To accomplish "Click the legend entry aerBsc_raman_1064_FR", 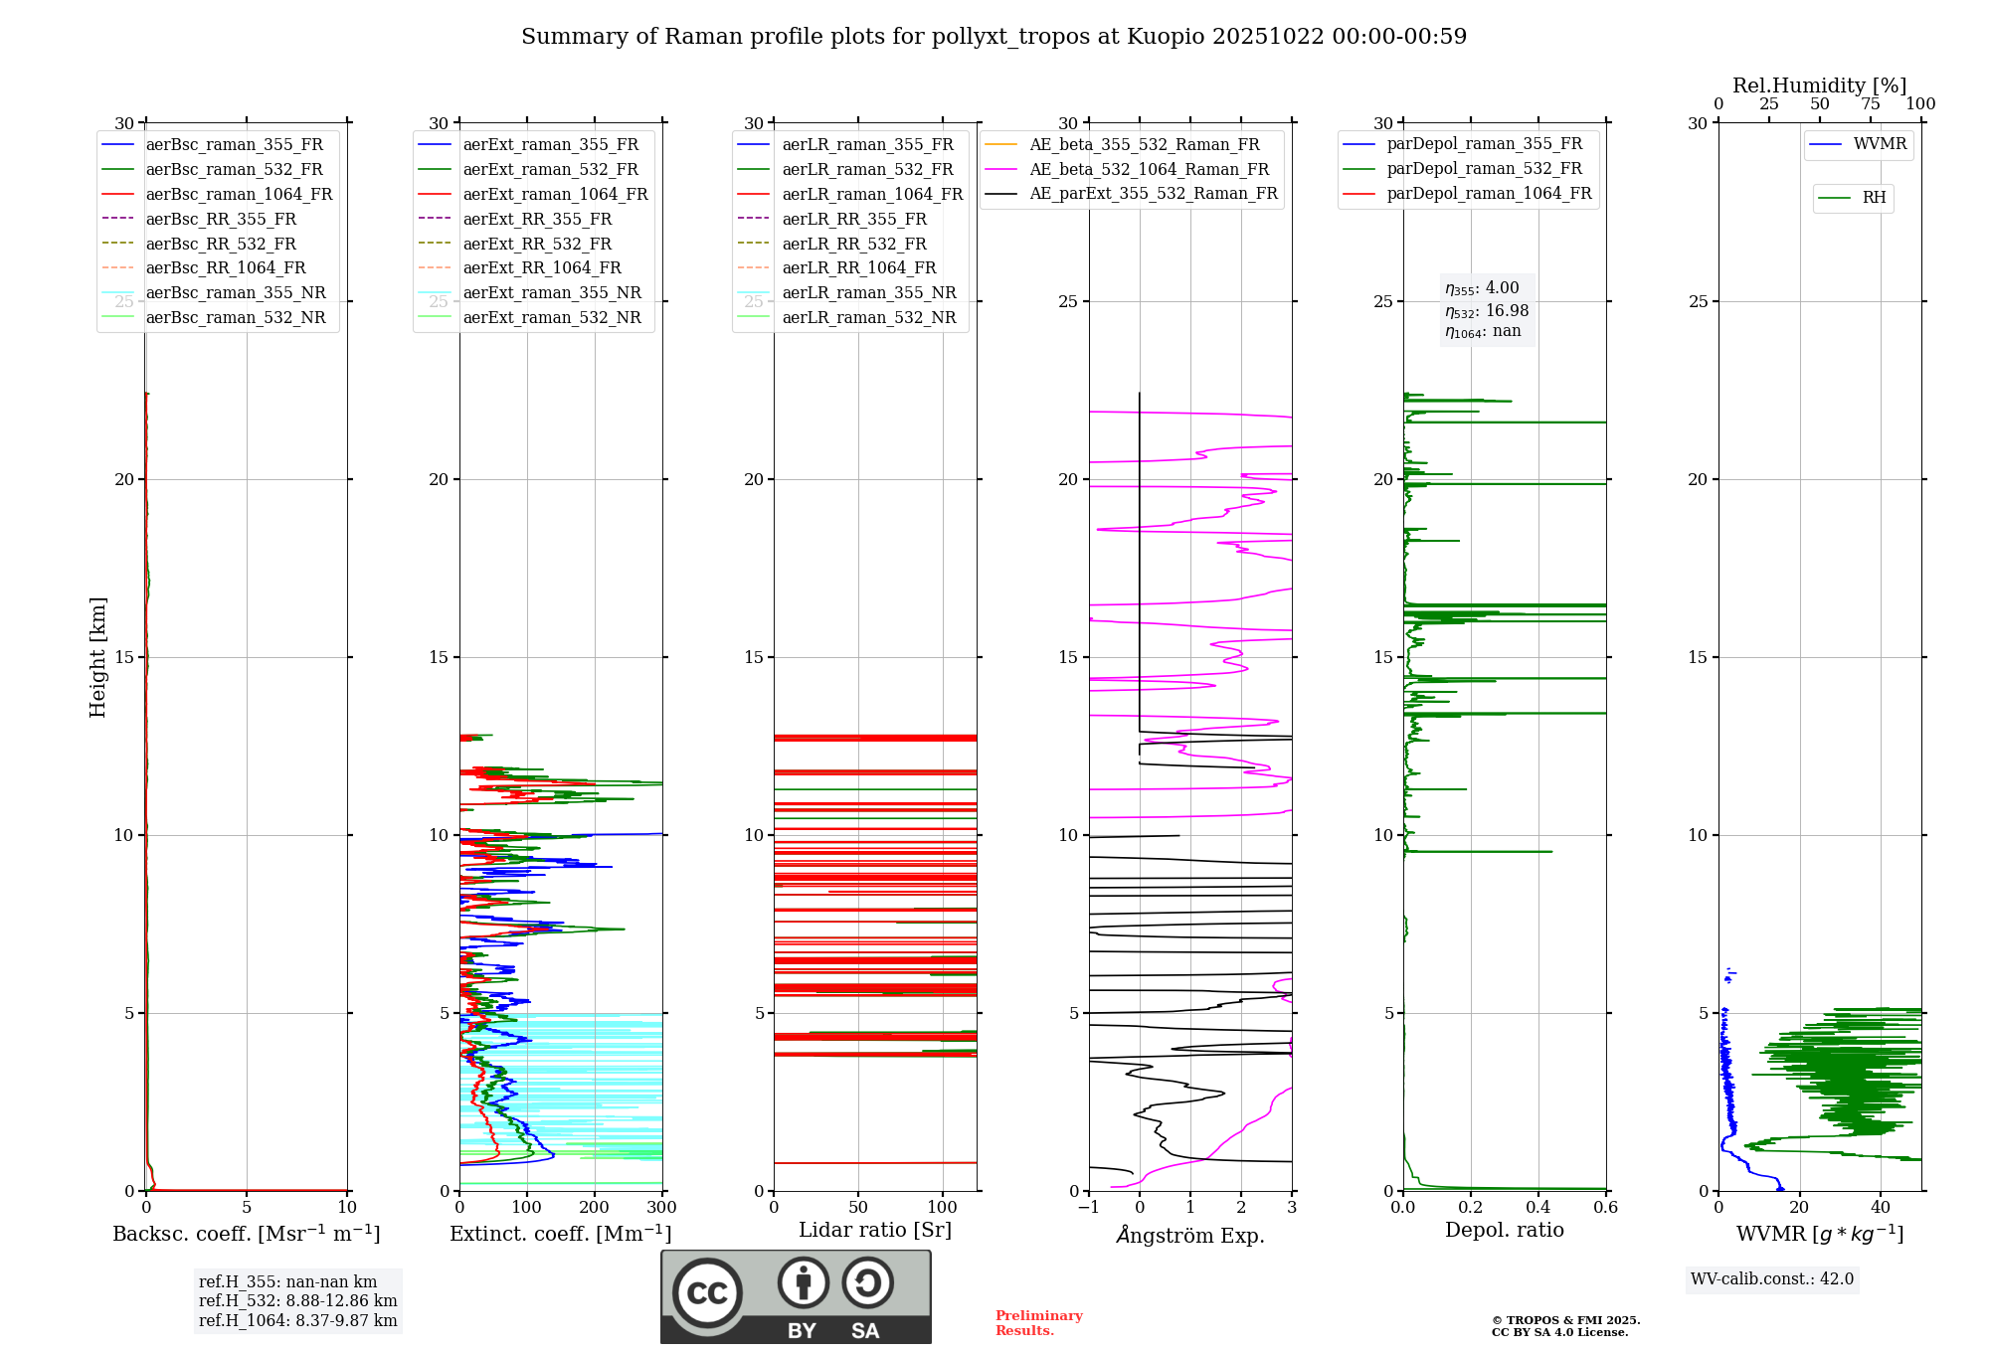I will point(239,195).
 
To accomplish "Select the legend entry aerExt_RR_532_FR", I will point(537,244).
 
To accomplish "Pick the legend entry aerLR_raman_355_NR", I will point(868,293).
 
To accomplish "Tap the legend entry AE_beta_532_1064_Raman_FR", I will point(1149,170).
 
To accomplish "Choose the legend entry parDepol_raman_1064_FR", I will point(1489,194).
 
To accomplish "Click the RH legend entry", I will point(1874,198).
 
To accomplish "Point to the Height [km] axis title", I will point(97,657).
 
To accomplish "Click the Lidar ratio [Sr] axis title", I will point(875,1231).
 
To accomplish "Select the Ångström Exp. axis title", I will point(1190,1236).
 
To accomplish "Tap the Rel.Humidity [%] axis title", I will point(1819,85).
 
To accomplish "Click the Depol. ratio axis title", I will point(1504,1231).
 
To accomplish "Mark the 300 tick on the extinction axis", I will point(661,1208).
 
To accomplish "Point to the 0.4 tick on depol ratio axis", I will point(1538,1208).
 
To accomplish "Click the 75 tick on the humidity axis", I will point(1871,104).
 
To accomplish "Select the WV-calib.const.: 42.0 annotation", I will point(1772,1279).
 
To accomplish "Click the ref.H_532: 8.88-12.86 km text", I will point(297,1301).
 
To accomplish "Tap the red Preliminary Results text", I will point(1038,1323).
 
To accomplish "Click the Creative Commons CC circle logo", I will point(707,1293).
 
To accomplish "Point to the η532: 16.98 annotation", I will point(1487,311).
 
